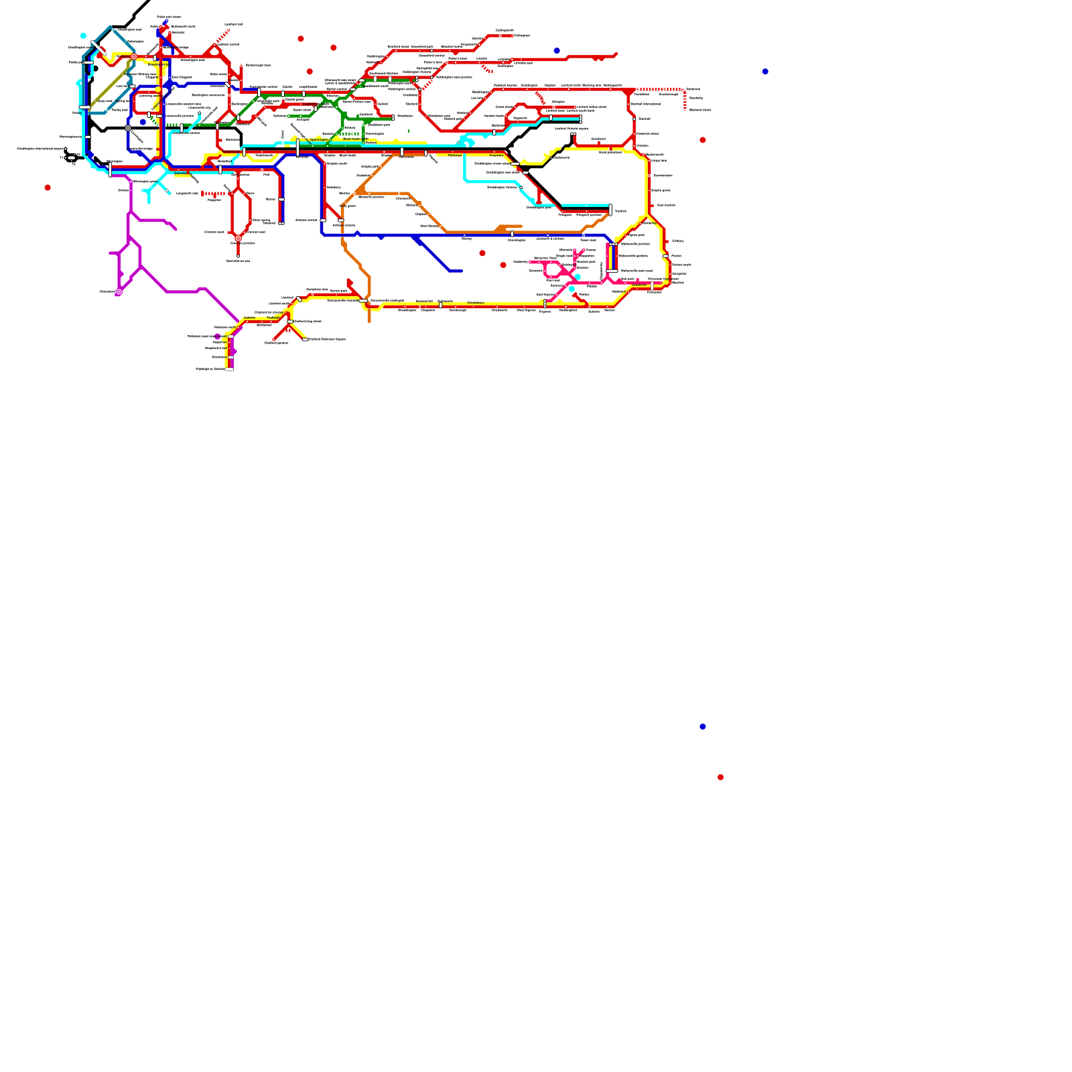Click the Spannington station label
[x=319, y=140]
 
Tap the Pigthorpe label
[x=455, y=155]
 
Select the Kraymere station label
[x=496, y=155]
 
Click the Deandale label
[x=181, y=174]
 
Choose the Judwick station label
[x=249, y=318]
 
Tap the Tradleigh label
[x=274, y=318]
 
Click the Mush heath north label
[x=355, y=139]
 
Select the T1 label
[x=62, y=158]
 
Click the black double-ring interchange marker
[x=128, y=128]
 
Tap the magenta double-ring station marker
[x=119, y=292]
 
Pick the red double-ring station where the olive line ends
[x=134, y=57]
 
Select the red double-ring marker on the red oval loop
[x=238, y=238]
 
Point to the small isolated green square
[x=409, y=131]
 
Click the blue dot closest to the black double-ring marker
[x=143, y=122]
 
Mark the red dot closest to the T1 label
[x=48, y=188]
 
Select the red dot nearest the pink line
[x=503, y=265]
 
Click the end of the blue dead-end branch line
[x=461, y=271]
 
